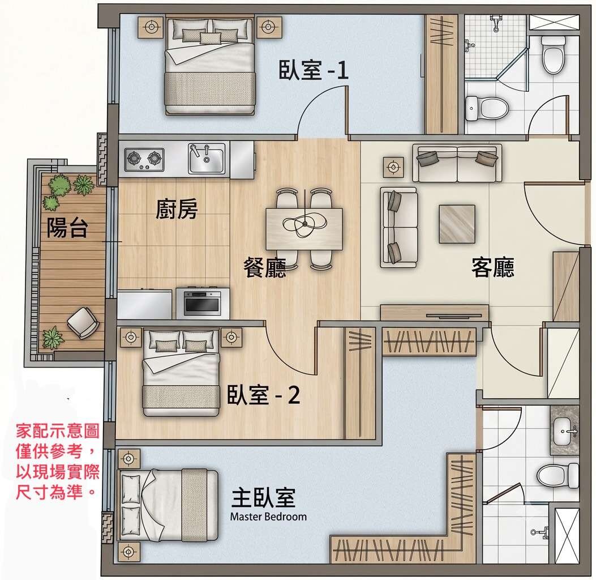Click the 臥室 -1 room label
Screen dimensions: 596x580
tap(314, 70)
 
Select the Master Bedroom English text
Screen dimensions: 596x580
tap(268, 517)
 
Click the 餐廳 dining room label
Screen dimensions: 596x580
tap(264, 267)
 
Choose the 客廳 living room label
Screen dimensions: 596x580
tap(492, 267)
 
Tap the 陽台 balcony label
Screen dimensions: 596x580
tap(67, 228)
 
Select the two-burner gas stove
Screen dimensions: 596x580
tap(144, 159)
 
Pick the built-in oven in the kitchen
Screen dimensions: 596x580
tap(203, 302)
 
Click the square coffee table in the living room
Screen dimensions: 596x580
tap(457, 224)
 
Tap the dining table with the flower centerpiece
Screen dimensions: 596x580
tap(304, 229)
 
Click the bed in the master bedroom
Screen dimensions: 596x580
tap(168, 505)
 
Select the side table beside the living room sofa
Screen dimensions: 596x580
tap(393, 167)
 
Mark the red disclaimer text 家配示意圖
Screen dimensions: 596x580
tap(57, 431)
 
